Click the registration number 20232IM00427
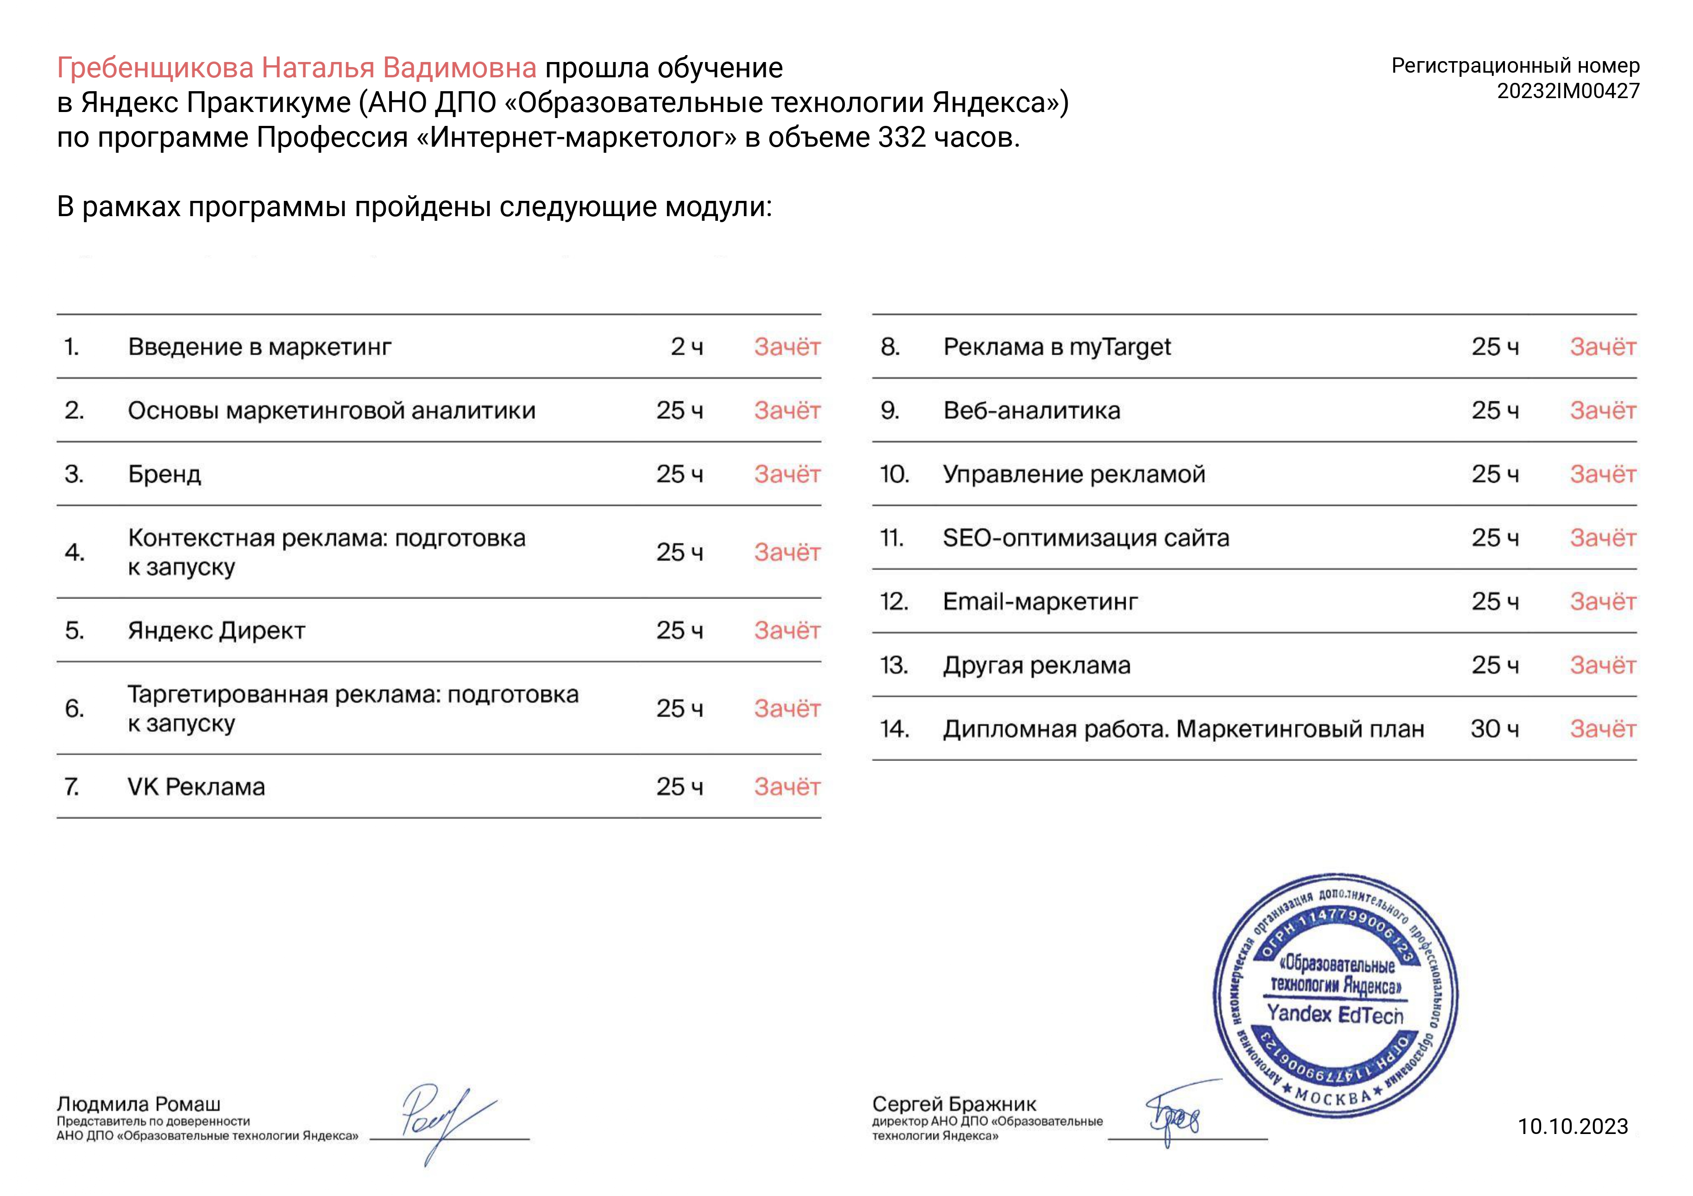(x=1567, y=91)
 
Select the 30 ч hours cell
(x=1495, y=729)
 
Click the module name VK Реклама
(x=196, y=786)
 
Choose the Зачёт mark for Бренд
(x=787, y=474)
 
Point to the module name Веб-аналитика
(x=1032, y=411)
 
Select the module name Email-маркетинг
(x=1040, y=601)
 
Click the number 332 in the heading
(x=902, y=138)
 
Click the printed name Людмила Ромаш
(x=138, y=1104)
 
